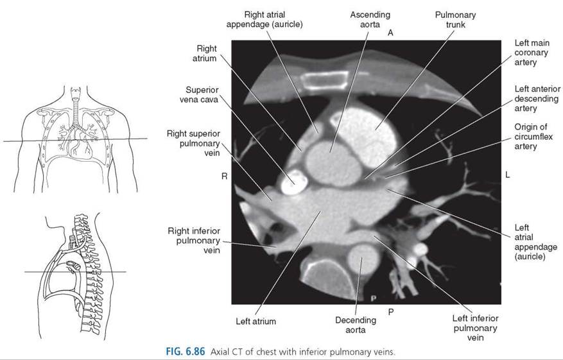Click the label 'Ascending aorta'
370,20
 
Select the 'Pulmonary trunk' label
455,20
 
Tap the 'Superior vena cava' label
199,94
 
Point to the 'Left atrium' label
256,321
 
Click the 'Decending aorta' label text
356,325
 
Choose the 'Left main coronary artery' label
532,53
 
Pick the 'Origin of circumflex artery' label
533,137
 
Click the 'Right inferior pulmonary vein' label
194,241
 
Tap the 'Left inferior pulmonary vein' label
476,328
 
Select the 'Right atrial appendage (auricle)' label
264,19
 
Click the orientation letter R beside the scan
225,176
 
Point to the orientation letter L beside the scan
507,175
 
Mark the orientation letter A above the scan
390,33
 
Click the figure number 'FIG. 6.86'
186,352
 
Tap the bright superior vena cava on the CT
294,182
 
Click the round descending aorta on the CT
364,258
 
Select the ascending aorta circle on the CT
333,163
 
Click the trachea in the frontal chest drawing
75,107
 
